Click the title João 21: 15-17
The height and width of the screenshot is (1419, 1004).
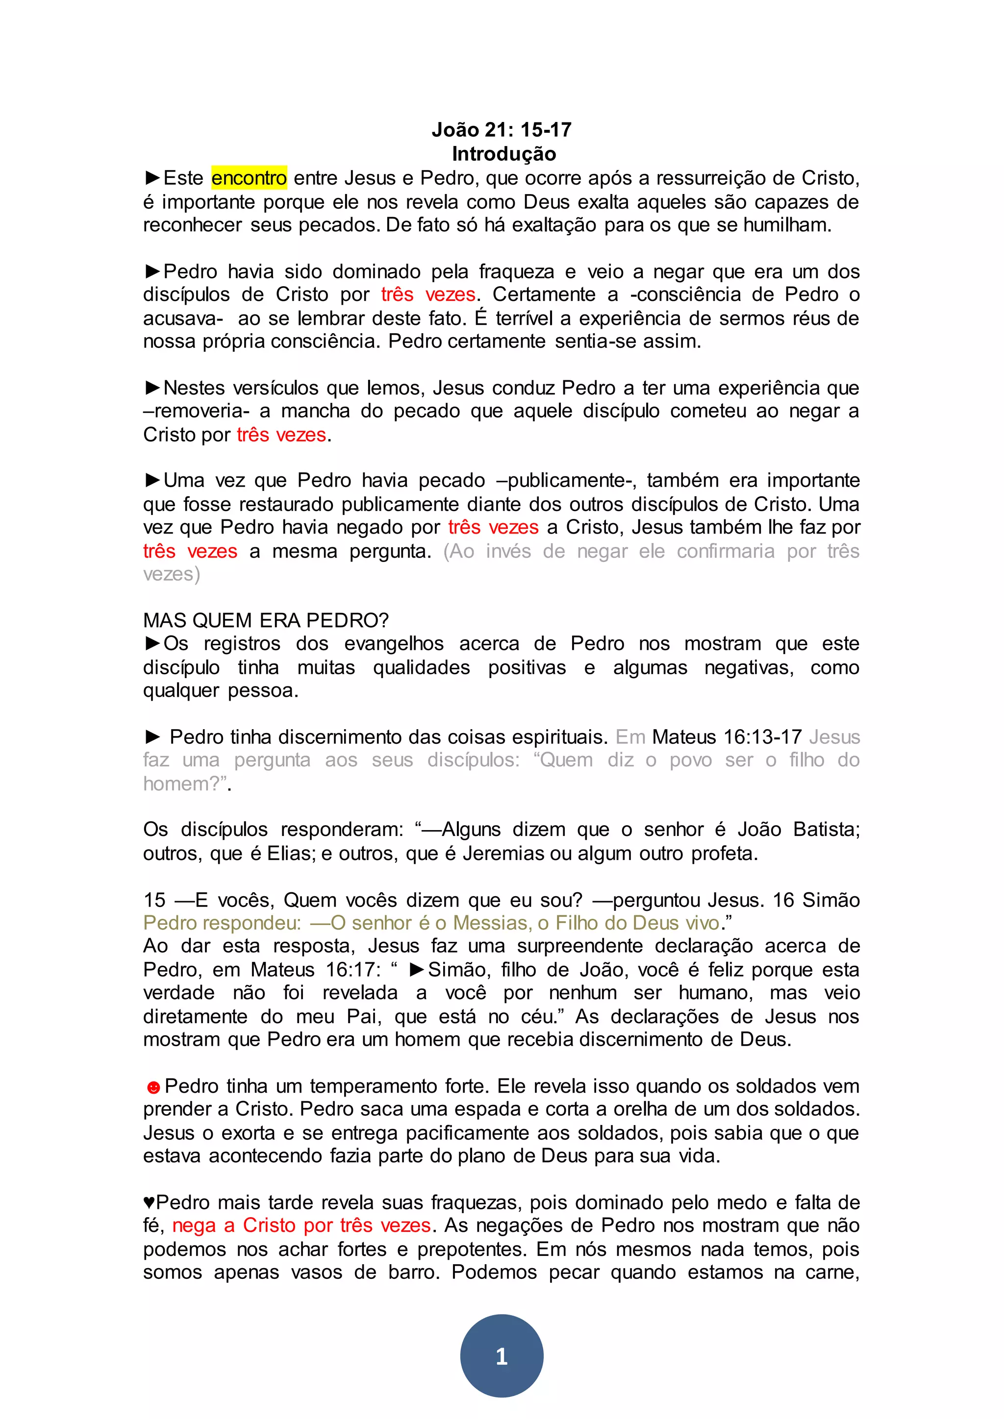tap(502, 130)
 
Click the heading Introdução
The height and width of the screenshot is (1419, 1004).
tap(504, 154)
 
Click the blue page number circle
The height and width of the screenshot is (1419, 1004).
tap(502, 1355)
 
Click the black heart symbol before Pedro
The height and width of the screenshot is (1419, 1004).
tap(149, 1203)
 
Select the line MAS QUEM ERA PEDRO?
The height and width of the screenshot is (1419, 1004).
tap(266, 620)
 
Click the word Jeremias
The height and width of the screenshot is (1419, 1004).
tap(504, 854)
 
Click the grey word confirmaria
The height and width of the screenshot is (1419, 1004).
tap(725, 551)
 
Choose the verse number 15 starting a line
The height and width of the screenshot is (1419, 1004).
tap(154, 900)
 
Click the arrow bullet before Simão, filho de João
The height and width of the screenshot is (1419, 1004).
tap(417, 970)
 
